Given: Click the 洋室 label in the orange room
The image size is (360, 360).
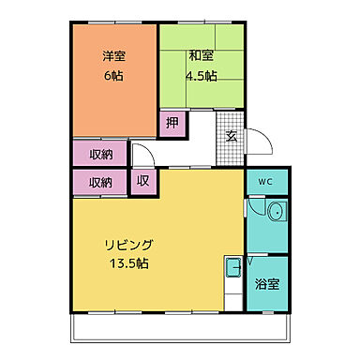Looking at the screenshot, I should pyautogui.click(x=113, y=55).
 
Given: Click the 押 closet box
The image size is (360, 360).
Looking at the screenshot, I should pyautogui.click(x=172, y=123).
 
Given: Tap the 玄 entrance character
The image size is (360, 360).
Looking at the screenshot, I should pyautogui.click(x=232, y=135).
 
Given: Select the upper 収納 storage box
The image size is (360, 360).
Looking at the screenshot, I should pyautogui.click(x=100, y=153).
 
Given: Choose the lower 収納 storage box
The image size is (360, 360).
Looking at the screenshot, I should pyautogui.click(x=100, y=183).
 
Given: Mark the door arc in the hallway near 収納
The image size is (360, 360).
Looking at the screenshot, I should pyautogui.click(x=141, y=155).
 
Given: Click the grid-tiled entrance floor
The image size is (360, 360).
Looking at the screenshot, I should pyautogui.click(x=232, y=127).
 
